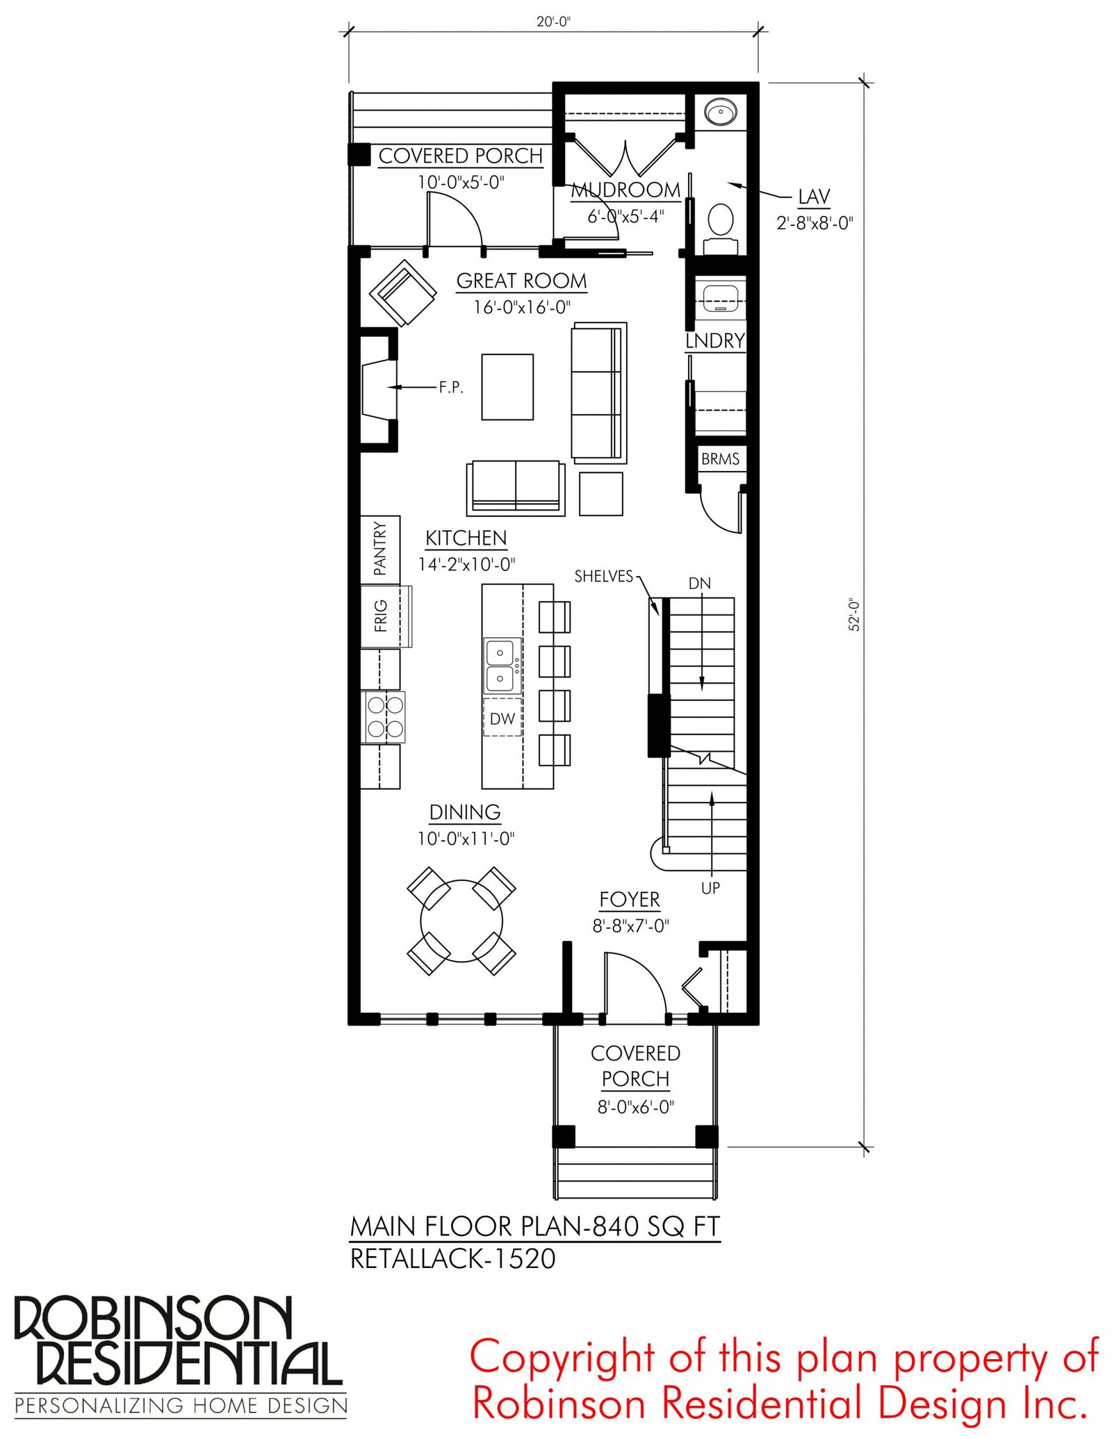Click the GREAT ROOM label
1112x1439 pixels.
coord(521,281)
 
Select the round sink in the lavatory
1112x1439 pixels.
coord(721,111)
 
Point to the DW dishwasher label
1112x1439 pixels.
coord(502,719)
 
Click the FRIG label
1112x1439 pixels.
coord(380,616)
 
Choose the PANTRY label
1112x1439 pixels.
coord(379,549)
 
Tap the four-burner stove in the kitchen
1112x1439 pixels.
coord(383,717)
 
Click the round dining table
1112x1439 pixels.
coord(461,921)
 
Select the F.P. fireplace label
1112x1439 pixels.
coord(451,387)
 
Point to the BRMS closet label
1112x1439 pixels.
coord(720,459)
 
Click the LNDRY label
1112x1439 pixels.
coord(715,340)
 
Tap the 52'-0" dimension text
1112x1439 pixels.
coord(854,615)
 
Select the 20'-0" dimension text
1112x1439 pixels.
coord(553,22)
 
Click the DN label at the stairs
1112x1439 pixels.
coord(700,584)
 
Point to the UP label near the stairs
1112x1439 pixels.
coord(710,888)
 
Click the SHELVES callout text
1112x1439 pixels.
coord(604,576)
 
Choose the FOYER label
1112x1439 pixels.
coord(630,899)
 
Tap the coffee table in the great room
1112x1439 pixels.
coord(508,387)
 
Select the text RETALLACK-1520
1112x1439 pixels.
coord(453,1259)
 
